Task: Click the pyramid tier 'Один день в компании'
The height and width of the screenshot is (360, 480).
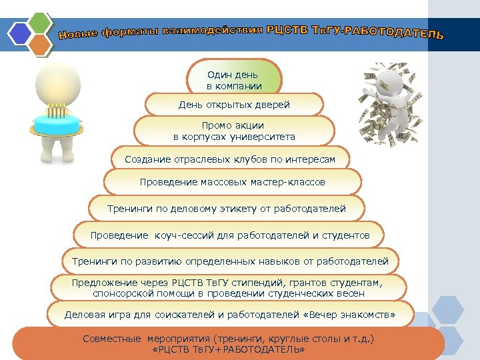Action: (233, 79)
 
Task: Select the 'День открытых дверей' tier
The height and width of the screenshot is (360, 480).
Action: (233, 105)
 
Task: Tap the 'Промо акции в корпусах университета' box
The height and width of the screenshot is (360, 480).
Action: (233, 131)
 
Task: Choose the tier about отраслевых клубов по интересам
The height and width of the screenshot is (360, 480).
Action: (229, 159)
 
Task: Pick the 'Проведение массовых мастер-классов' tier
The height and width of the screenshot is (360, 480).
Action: (232, 181)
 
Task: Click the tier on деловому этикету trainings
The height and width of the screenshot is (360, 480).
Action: (226, 209)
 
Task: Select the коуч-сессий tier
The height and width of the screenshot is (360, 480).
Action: (229, 235)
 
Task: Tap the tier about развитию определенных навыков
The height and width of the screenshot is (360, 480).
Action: (229, 261)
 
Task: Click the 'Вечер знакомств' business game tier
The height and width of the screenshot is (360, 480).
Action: (229, 314)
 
